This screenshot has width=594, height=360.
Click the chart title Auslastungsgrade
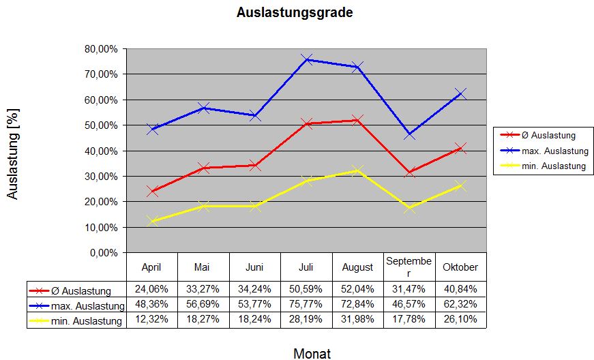pyautogui.click(x=295, y=13)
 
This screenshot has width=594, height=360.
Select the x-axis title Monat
pyautogui.click(x=312, y=353)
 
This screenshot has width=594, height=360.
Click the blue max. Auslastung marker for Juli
pyautogui.click(x=306, y=59)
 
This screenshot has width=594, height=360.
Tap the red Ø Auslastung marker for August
pyautogui.click(x=357, y=120)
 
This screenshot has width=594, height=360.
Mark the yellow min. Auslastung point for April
pyautogui.click(x=152, y=221)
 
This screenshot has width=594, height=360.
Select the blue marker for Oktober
pyautogui.click(x=460, y=93)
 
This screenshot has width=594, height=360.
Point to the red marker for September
pyautogui.click(x=409, y=172)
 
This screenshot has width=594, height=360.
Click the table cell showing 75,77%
pyautogui.click(x=306, y=304)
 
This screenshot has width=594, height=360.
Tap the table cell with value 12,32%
pyautogui.click(x=151, y=320)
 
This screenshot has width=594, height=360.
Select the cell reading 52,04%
pyautogui.click(x=357, y=289)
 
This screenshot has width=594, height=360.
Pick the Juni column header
pyautogui.click(x=254, y=267)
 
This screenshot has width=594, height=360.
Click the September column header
pyautogui.click(x=409, y=267)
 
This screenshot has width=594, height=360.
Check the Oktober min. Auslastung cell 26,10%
pyautogui.click(x=460, y=320)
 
